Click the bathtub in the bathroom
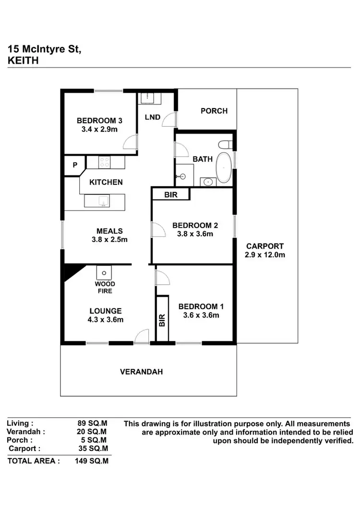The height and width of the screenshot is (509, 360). pos(223,168)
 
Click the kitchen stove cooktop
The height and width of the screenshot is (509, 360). pos(105,162)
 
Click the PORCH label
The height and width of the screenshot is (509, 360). pos(214,111)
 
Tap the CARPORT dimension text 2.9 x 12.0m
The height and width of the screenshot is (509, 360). pos(264,255)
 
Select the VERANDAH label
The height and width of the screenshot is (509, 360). pos(142,372)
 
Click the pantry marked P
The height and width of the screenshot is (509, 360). pos(75,165)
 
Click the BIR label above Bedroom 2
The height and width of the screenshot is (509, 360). pos(170,195)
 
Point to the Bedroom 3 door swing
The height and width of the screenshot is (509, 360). pos(131,142)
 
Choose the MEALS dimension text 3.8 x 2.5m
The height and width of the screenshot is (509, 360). pos(109,240)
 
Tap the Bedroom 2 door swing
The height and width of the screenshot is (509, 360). pos(157,230)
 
